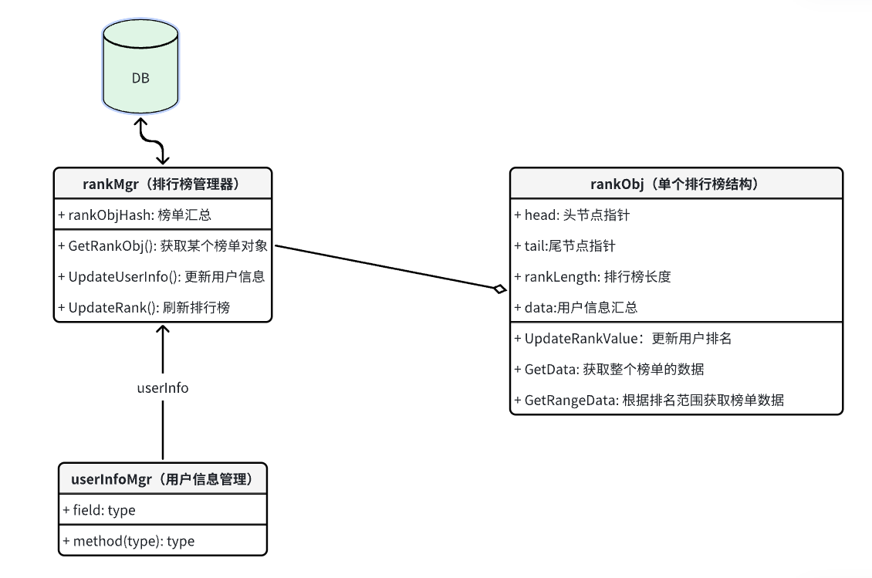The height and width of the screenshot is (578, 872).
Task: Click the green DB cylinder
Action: (140, 69)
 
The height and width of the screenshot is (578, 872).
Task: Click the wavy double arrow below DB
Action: (151, 142)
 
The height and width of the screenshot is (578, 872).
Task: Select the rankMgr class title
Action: (163, 184)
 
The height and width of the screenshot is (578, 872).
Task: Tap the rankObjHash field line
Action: (135, 215)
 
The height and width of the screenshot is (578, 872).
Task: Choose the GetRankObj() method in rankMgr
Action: (163, 246)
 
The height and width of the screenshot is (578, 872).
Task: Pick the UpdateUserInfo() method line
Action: (161, 276)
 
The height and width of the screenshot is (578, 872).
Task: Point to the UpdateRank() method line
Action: (144, 307)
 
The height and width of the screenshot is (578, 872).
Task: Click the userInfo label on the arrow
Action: (162, 387)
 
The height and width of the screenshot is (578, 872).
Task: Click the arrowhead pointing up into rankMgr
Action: (163, 330)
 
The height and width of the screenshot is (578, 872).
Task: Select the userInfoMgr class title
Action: (163, 479)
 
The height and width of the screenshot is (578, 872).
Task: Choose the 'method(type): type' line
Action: (128, 541)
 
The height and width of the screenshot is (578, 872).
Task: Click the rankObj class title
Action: (675, 184)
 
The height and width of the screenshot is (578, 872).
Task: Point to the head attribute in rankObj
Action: (572, 215)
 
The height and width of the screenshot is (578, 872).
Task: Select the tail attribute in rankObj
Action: (565, 246)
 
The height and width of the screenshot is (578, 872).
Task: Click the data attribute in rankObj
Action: (576, 307)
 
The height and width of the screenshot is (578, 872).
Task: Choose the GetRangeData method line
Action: (648, 400)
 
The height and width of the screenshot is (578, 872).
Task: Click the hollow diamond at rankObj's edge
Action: (500, 289)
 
